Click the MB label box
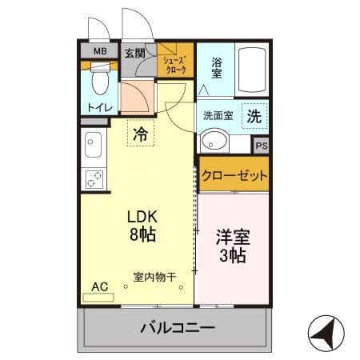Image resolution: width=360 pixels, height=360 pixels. pos(100,54)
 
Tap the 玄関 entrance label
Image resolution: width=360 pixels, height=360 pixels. pos(134,54)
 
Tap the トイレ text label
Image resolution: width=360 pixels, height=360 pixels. pos(100,106)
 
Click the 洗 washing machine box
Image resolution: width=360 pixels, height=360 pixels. pos(254,115)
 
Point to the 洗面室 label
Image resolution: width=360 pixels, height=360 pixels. pos(217,115)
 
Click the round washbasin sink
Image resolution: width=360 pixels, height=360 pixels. pos(214,142)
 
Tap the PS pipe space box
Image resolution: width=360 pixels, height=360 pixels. pos(261,146)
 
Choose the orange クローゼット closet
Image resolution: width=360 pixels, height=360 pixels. pos(234,175)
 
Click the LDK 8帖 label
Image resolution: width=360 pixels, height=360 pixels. pos(142,226)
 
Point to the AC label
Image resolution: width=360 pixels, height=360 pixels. pos(99,286)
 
